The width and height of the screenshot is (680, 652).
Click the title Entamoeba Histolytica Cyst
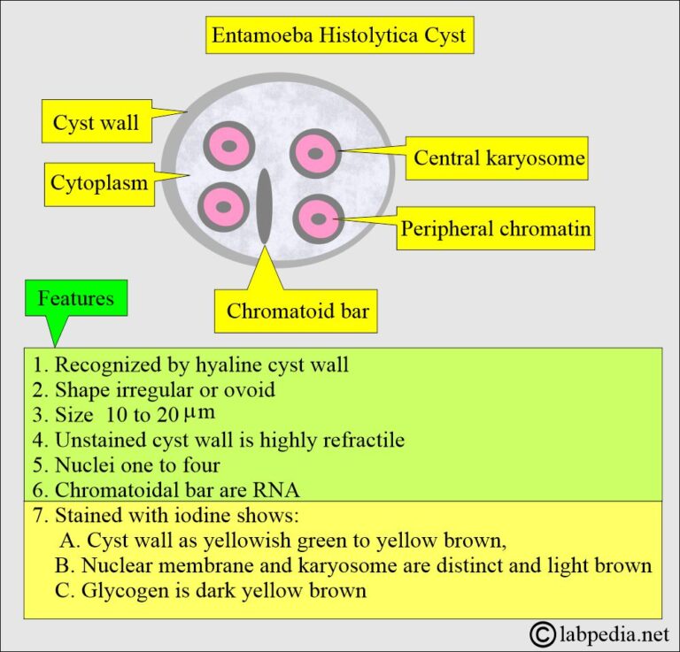[339, 38]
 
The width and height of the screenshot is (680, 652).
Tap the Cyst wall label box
[96, 122]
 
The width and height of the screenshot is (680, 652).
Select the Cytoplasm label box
[97, 184]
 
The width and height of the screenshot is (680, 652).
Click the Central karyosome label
[499, 158]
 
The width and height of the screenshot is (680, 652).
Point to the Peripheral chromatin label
[495, 229]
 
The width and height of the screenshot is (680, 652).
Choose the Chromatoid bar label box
[297, 311]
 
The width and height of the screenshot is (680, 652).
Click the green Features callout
[75, 298]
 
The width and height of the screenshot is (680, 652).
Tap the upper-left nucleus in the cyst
[228, 147]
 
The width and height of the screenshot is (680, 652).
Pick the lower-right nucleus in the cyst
[317, 217]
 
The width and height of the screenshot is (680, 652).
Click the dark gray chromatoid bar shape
[264, 205]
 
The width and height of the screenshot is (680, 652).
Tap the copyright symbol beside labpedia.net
[542, 633]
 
